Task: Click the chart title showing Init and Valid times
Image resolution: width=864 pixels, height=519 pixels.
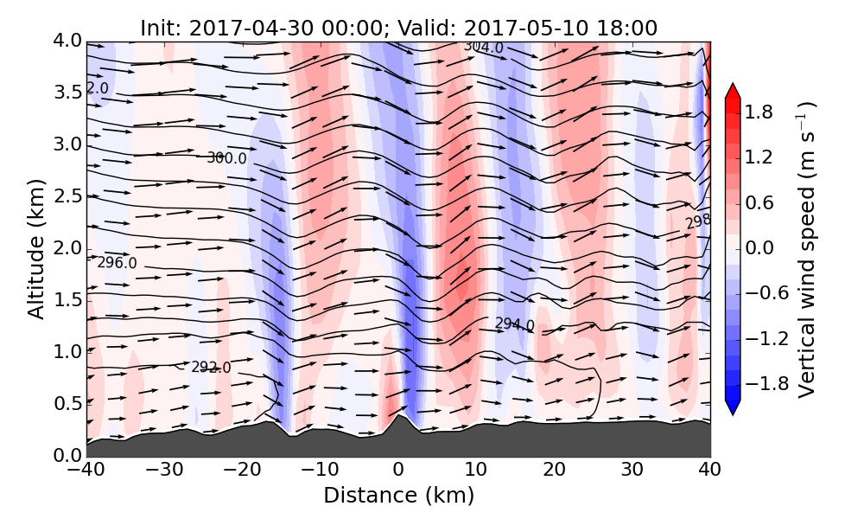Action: (398, 28)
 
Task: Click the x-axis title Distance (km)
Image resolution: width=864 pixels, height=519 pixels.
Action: (398, 496)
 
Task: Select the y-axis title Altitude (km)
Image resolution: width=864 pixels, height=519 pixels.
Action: (35, 248)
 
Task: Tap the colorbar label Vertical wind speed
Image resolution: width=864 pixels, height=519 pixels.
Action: (807, 249)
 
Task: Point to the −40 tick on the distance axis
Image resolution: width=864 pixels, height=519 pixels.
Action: (86, 471)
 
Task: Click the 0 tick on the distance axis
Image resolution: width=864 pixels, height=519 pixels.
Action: (398, 471)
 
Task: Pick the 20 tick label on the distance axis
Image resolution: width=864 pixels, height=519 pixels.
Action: (555, 471)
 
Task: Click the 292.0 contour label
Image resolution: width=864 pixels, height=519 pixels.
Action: (211, 368)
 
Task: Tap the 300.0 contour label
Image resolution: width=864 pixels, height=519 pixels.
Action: (226, 158)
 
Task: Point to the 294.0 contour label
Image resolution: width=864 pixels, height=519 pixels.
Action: (514, 324)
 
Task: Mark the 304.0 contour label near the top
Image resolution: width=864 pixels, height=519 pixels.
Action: (483, 47)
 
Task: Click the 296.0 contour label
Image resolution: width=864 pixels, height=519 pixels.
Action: (117, 263)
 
